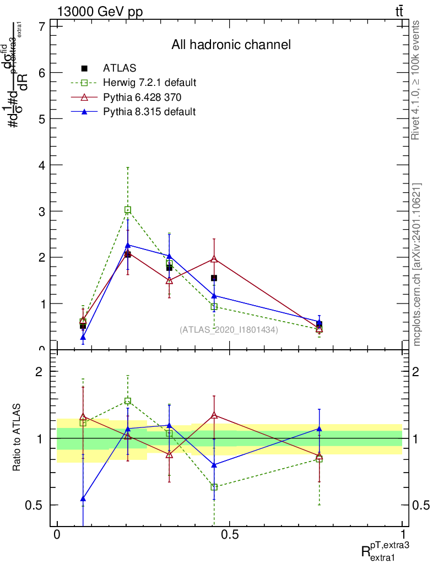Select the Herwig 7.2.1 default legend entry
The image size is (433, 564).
(149, 83)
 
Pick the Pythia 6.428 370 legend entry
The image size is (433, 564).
(143, 97)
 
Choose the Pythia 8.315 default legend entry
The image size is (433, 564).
(149, 111)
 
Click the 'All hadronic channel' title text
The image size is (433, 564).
(231, 45)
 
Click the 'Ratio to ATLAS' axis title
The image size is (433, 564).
(17, 438)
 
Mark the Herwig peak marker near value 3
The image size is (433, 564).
(128, 210)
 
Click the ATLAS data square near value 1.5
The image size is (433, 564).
(214, 278)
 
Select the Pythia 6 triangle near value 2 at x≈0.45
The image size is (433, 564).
(214, 258)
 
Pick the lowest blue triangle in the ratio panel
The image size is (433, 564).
(83, 498)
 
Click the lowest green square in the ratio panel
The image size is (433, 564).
(214, 487)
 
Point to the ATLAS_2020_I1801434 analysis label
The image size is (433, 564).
(229, 330)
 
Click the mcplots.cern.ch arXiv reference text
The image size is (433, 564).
(417, 265)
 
